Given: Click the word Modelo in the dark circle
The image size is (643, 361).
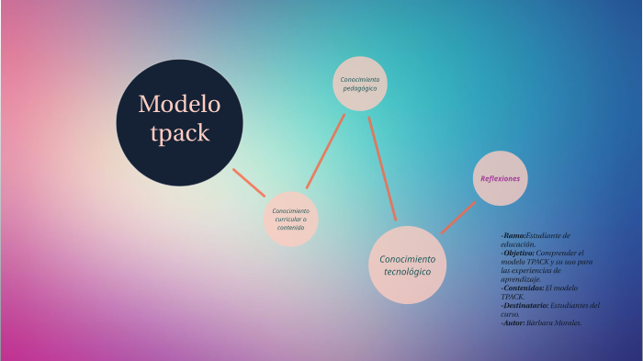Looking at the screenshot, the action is (x=179, y=104).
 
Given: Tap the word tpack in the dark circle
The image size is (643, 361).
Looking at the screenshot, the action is (x=179, y=133).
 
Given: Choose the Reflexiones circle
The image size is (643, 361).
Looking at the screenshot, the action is (x=500, y=178).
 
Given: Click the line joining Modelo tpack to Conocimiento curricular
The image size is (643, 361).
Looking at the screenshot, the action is (x=248, y=182).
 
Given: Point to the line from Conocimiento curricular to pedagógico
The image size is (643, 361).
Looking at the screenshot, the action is (x=325, y=151).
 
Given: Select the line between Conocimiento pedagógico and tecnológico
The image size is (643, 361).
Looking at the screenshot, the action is (x=382, y=168).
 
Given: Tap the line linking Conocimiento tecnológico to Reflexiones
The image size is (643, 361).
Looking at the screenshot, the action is (x=457, y=218).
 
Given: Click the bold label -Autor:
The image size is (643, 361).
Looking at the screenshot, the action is (x=513, y=322).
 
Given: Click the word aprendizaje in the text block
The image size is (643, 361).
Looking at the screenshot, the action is (x=521, y=279).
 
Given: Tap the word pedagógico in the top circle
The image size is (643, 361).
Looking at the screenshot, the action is (x=359, y=88).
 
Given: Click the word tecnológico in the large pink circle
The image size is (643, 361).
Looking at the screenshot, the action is (x=407, y=272).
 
